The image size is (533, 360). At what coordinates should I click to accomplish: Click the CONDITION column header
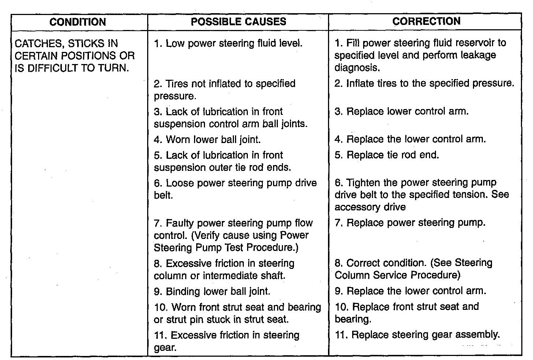click(x=78, y=22)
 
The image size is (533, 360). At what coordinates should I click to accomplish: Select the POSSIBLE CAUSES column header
click(x=238, y=22)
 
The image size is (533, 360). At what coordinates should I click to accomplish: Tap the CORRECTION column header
click(x=426, y=21)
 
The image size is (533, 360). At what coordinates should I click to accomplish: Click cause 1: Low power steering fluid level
click(x=228, y=44)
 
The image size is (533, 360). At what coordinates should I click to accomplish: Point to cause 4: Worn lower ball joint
click(x=207, y=139)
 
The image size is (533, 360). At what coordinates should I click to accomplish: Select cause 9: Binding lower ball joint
click(x=212, y=292)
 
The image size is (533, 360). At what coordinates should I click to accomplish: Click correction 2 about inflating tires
click(x=424, y=83)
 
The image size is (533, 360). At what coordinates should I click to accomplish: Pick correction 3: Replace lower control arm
click(x=402, y=111)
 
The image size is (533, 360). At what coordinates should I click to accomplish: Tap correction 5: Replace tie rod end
click(x=387, y=155)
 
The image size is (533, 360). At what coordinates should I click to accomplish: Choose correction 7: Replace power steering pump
click(x=410, y=223)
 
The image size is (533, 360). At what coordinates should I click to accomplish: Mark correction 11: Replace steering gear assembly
click(x=417, y=335)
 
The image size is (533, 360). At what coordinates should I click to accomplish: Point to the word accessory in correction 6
click(x=357, y=207)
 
